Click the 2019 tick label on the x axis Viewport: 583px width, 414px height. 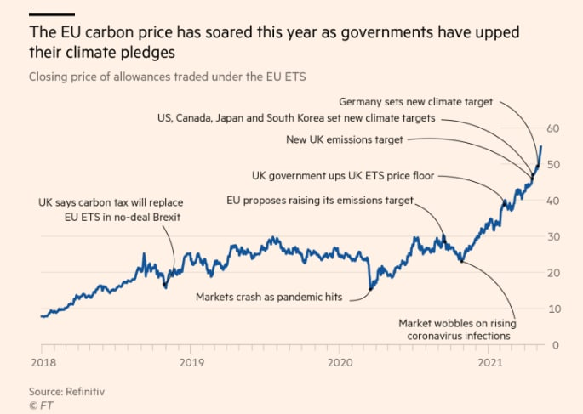pyautogui.click(x=191, y=362)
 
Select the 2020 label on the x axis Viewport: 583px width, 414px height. pyautogui.click(x=340, y=362)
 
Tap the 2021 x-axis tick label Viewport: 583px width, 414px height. pyautogui.click(x=489, y=362)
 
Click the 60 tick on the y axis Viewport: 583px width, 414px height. pyautogui.click(x=554, y=128)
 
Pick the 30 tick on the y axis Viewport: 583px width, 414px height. pyautogui.click(x=554, y=236)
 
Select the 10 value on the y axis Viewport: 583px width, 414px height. pyautogui.click(x=554, y=309)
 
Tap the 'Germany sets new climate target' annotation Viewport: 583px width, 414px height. pyautogui.click(x=415, y=101)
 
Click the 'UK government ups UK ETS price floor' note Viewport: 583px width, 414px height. pyautogui.click(x=343, y=176)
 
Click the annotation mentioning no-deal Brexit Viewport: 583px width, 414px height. pyautogui.click(x=111, y=210)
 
